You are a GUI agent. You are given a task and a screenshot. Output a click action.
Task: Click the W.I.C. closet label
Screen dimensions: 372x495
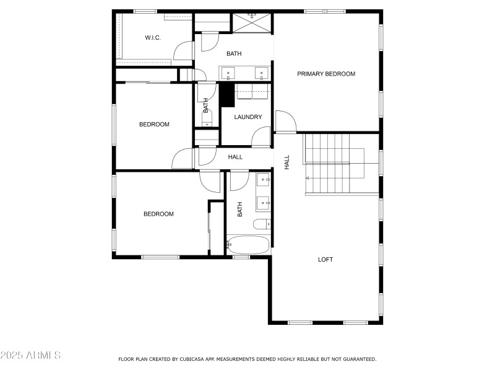(153, 38)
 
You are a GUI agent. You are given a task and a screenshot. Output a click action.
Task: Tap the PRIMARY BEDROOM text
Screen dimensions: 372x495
(326, 74)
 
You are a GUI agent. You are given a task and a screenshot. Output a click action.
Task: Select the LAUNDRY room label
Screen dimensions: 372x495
(248, 117)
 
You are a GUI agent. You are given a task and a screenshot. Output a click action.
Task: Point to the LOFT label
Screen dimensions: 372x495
(325, 259)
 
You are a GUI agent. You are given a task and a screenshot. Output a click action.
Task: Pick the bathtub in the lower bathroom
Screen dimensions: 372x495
(249, 244)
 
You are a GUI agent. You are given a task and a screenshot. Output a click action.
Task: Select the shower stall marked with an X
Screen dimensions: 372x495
(252, 22)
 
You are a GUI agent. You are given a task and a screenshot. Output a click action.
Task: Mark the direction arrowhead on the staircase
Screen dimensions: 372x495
(308, 178)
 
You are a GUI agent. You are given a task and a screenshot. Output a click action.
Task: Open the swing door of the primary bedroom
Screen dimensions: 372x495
(285, 121)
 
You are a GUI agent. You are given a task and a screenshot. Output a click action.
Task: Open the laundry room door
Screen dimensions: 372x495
(262, 136)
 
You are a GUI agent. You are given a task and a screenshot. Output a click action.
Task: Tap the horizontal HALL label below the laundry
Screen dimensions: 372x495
(235, 157)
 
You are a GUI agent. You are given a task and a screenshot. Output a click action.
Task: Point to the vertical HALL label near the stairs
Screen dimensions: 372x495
(287, 162)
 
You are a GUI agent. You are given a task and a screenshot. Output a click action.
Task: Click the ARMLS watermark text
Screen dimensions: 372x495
(31, 355)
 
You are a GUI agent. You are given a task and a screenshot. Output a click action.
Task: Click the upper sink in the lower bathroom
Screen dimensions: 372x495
(264, 181)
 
